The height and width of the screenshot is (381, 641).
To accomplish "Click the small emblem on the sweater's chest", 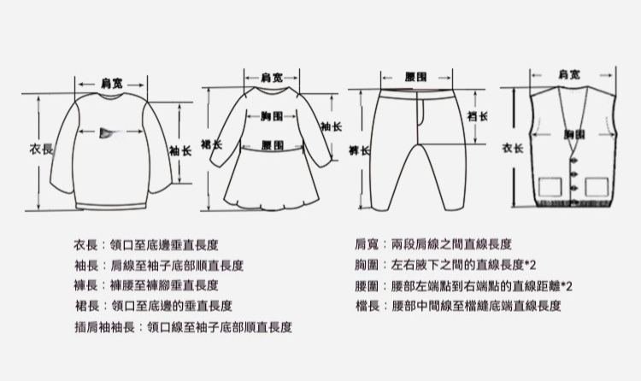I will click(x=107, y=132).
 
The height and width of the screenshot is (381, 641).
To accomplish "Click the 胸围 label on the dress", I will click(x=272, y=114).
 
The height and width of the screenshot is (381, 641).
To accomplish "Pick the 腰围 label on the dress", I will click(x=272, y=145).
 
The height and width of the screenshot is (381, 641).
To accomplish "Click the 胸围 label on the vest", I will click(x=573, y=135).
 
